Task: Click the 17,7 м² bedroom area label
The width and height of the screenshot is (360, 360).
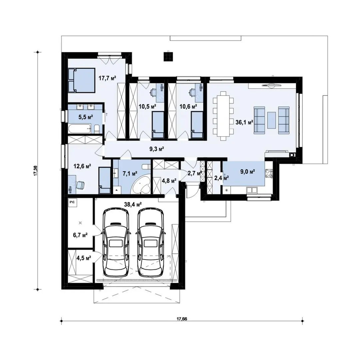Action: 107,78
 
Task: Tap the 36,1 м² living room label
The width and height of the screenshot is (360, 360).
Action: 244,122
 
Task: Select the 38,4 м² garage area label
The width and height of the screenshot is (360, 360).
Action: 133,204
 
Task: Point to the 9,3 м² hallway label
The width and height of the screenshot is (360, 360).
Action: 157,149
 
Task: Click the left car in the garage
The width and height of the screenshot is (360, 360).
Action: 116,242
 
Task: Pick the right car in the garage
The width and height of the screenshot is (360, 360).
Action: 151,242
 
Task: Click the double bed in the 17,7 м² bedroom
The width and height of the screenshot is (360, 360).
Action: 82,80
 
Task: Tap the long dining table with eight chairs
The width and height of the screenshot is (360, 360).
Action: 223,116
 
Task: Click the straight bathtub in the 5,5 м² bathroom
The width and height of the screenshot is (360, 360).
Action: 79,129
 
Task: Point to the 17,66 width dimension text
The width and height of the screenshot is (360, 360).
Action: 182,319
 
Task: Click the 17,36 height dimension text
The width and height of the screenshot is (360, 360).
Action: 36,170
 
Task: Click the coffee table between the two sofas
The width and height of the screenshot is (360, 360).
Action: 272,120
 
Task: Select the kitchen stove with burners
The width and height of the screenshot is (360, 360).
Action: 269,174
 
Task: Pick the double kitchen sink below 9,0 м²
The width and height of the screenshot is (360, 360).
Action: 252,190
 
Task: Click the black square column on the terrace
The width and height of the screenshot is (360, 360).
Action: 168,57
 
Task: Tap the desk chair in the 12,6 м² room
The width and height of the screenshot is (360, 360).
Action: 80,185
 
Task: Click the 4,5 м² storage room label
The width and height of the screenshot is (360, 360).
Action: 84,258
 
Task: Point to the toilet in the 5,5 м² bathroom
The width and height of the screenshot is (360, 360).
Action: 97,129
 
